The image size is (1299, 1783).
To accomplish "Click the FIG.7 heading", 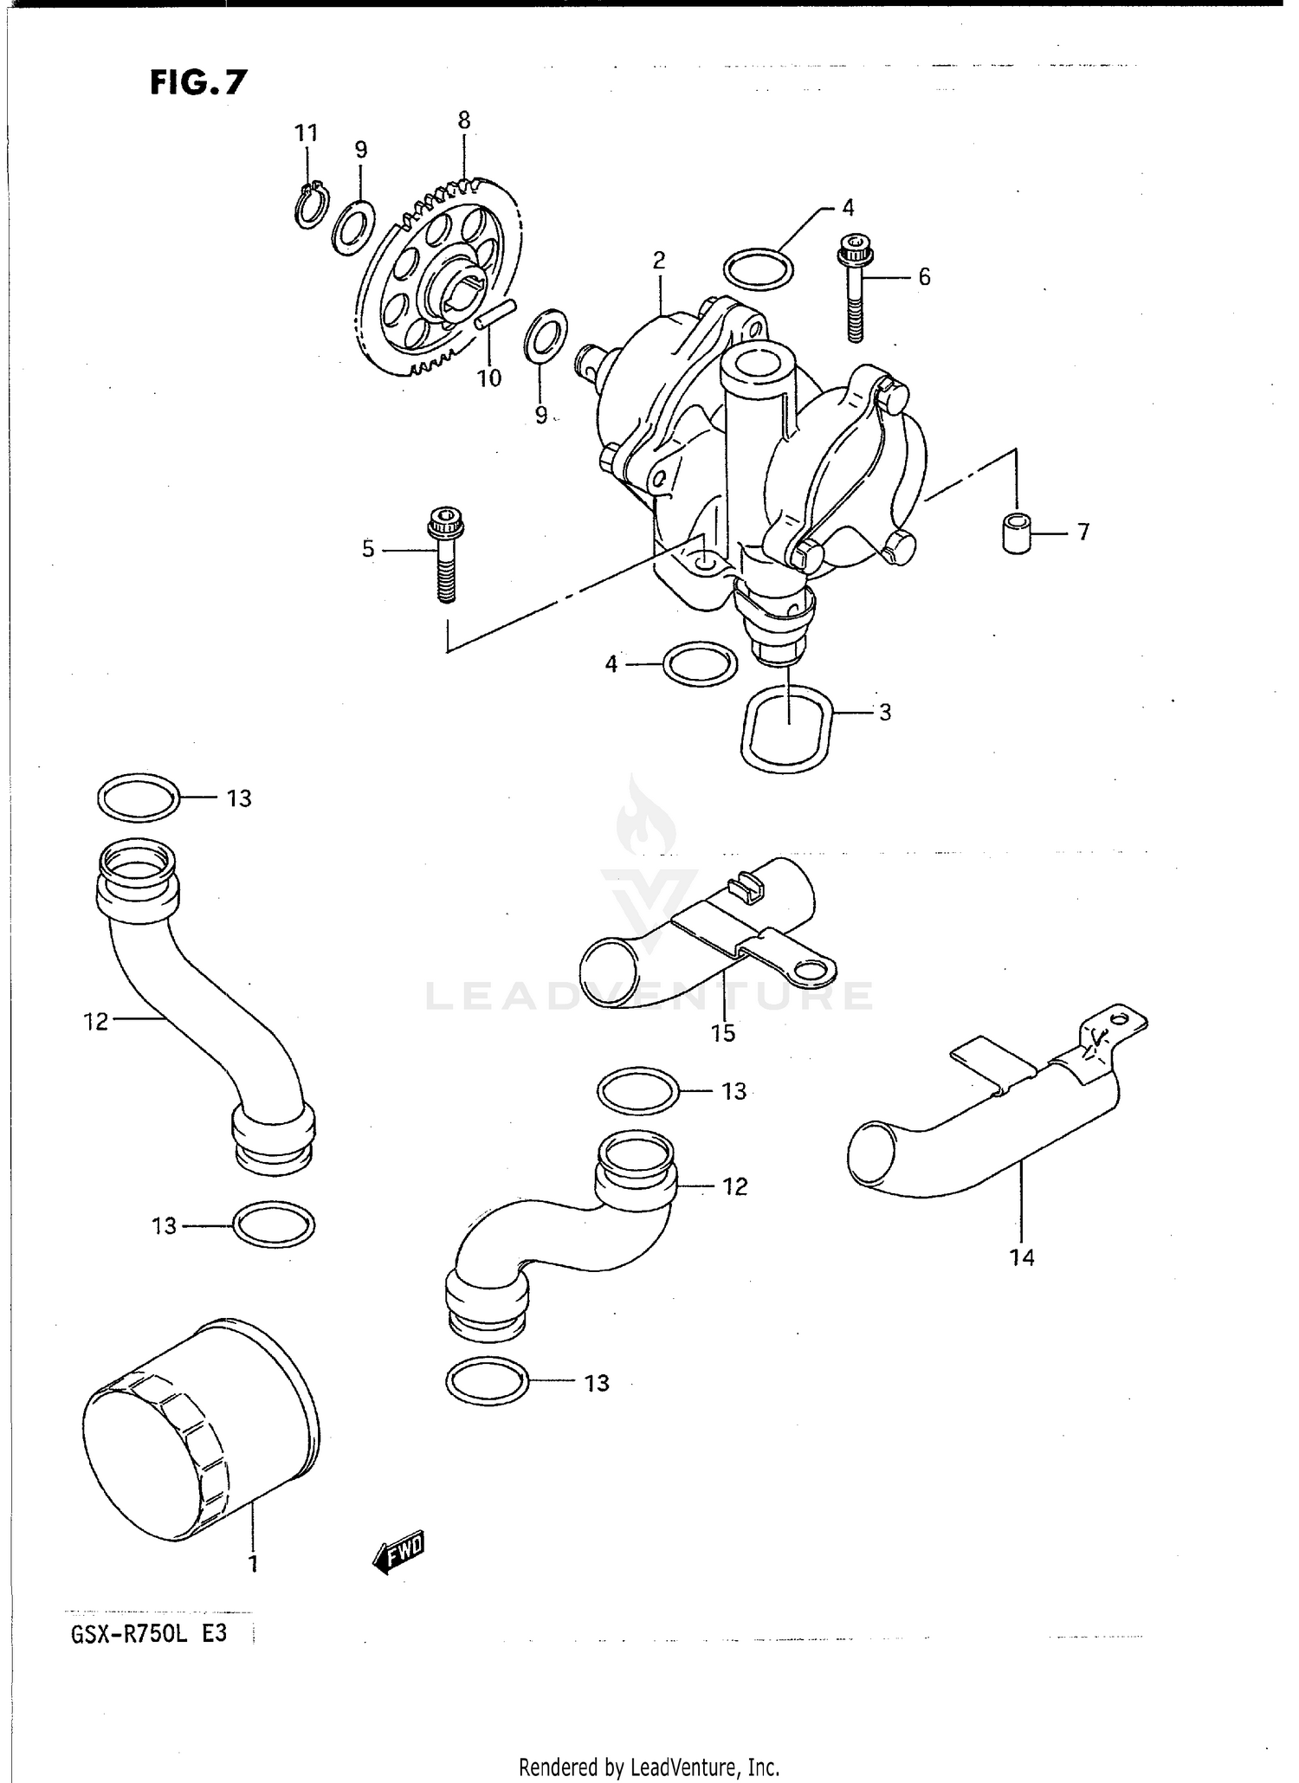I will click(x=198, y=82).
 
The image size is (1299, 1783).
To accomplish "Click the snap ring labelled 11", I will click(x=310, y=207).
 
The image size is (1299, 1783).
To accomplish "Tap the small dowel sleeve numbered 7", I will click(x=1018, y=532).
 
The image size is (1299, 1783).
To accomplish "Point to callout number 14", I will click(x=1022, y=1256).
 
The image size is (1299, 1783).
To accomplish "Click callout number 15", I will click(x=723, y=1032).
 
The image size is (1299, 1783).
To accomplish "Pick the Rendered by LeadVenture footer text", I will click(x=649, y=1767).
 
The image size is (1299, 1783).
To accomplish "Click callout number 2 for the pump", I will click(x=659, y=260).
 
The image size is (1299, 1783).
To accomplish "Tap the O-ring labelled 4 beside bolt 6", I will click(x=758, y=269).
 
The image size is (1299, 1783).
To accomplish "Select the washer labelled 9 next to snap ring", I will click(x=353, y=228).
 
